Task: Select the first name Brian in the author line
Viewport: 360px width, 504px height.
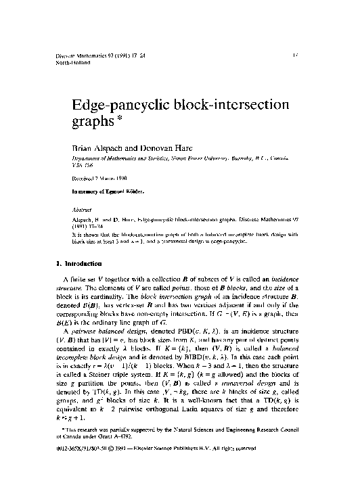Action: (85, 146)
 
